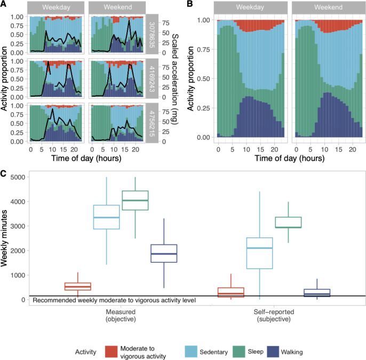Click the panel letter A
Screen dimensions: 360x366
(4, 5)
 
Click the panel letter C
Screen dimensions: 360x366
(4, 173)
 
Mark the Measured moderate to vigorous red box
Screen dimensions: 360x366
(78, 286)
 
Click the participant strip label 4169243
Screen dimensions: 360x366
(152, 79)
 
